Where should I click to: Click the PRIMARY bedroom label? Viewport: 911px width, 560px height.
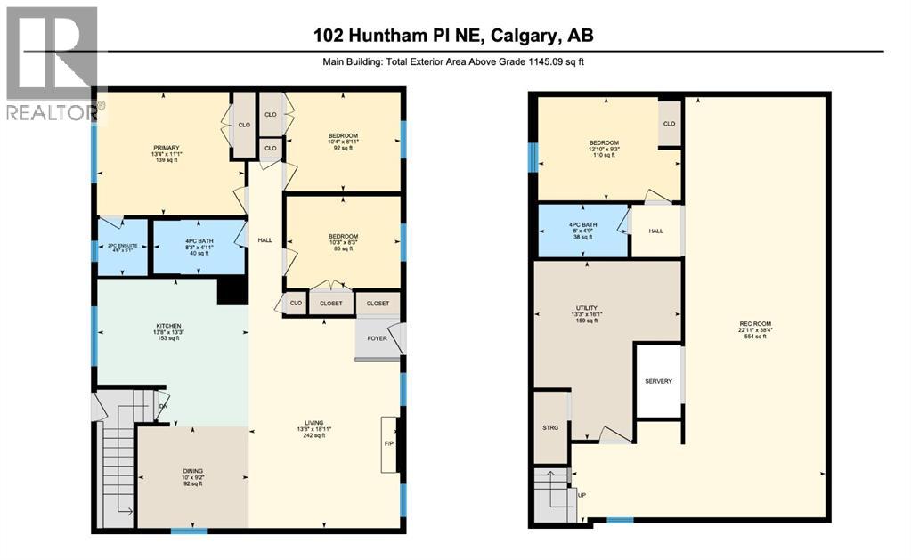pyautogui.click(x=166, y=153)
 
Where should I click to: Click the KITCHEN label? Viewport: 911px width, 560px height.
pyautogui.click(x=168, y=332)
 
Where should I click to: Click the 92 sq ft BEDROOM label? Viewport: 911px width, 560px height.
pyautogui.click(x=343, y=142)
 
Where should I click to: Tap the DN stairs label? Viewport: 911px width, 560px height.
pyautogui.click(x=162, y=408)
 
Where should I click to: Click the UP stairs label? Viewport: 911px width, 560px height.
pyautogui.click(x=582, y=495)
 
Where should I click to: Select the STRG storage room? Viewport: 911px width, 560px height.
pyautogui.click(x=550, y=428)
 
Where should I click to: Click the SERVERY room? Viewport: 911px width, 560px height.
pyautogui.click(x=658, y=382)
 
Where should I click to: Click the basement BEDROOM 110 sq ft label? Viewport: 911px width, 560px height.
pyautogui.click(x=603, y=149)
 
